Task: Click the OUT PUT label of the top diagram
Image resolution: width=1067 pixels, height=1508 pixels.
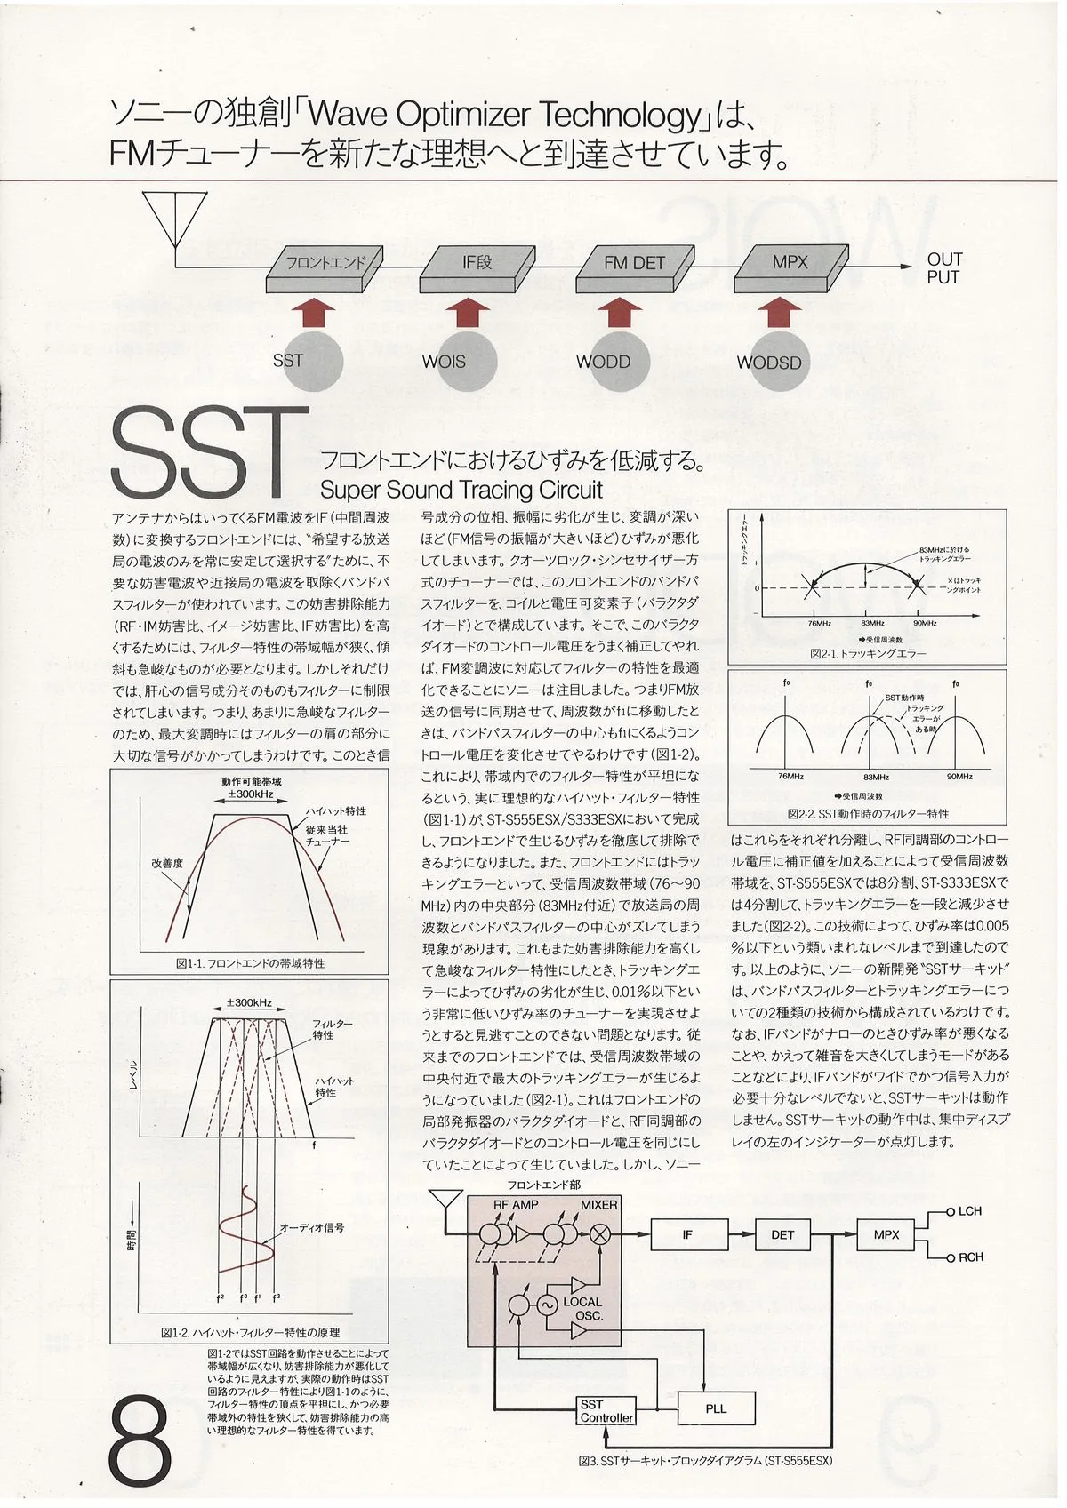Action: [943, 268]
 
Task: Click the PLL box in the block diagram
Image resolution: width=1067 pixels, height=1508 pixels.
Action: [716, 1408]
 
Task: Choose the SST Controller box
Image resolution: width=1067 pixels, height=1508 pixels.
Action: [606, 1411]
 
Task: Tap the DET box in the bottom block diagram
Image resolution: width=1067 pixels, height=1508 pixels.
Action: [782, 1234]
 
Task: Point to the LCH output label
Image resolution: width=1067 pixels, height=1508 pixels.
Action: [969, 1211]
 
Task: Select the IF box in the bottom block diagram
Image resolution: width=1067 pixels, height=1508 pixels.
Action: [687, 1234]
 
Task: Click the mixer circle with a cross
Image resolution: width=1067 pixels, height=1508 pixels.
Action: [601, 1233]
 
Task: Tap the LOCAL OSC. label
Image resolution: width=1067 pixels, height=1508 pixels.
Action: [583, 1308]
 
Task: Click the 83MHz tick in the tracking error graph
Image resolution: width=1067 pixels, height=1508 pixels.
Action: [872, 623]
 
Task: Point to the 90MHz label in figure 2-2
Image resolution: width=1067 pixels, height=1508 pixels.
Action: [959, 777]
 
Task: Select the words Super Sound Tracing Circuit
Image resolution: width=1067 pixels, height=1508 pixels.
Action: [461, 490]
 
